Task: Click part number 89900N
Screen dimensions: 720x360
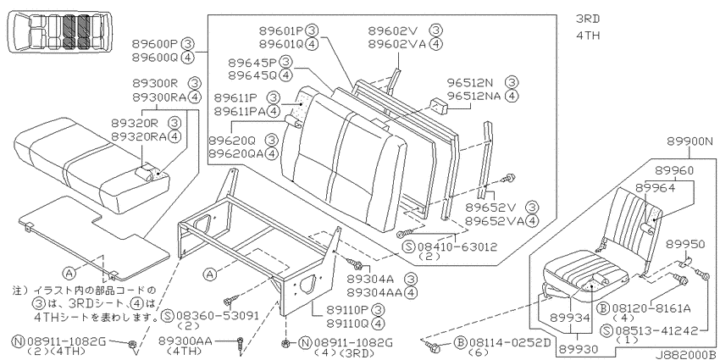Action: coord(690,142)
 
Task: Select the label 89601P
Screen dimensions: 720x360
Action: coord(281,30)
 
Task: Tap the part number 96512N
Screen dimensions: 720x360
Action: coord(470,83)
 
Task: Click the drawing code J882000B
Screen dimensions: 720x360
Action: coord(685,355)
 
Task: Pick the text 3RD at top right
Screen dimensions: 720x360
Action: coord(588,19)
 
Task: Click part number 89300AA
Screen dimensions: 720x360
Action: coord(186,341)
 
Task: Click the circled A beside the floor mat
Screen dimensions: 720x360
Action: coord(69,274)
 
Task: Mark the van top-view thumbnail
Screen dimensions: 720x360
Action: coord(58,31)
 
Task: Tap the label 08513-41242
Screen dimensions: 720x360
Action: coord(655,330)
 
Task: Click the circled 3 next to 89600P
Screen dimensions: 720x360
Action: coord(188,44)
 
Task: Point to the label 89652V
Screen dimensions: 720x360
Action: coord(488,208)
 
